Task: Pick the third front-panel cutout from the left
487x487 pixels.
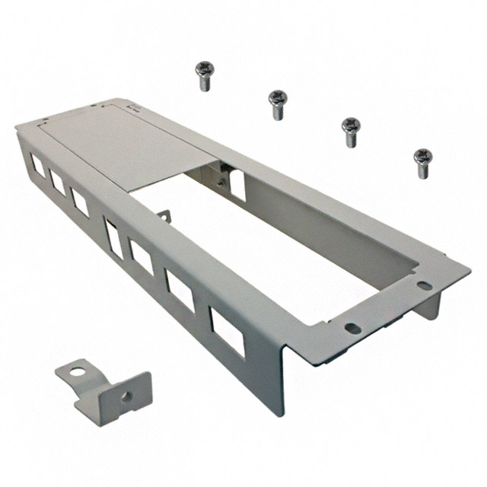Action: point(80,201)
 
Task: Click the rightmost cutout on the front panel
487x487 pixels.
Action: point(228,331)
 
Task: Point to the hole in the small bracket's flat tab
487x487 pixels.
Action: point(75,374)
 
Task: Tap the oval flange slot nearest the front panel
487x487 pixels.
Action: point(352,329)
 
